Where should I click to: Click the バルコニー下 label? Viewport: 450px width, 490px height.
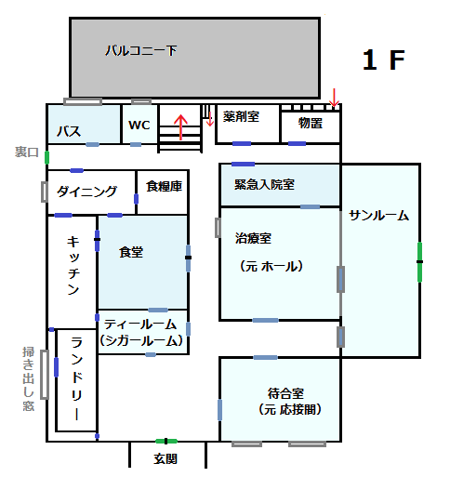(141, 50)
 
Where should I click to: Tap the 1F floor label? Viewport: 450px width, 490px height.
(383, 60)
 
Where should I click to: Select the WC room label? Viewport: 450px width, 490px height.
(139, 125)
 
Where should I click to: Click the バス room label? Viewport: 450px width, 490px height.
(69, 131)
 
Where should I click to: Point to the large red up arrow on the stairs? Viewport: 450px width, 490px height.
(180, 126)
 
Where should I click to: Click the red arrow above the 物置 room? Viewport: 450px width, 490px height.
(335, 98)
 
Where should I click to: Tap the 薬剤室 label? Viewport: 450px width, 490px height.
(241, 116)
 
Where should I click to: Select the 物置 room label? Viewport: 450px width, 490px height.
(310, 123)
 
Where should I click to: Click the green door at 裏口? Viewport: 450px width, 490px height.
(46, 157)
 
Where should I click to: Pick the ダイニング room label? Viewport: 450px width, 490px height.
(86, 192)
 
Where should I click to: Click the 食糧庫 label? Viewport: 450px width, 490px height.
(164, 186)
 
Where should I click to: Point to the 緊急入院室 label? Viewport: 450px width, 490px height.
(264, 184)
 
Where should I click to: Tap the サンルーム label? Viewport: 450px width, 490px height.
(378, 216)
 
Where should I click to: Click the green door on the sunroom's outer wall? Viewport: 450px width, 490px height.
(419, 262)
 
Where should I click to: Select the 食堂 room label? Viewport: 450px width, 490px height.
(131, 252)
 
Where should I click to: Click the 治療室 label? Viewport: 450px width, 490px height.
(253, 238)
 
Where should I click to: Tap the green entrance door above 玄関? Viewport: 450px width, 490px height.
(166, 441)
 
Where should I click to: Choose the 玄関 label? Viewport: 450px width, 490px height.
(165, 458)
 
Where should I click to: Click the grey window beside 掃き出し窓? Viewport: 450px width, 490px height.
(45, 375)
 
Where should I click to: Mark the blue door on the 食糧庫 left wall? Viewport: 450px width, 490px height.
(137, 199)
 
